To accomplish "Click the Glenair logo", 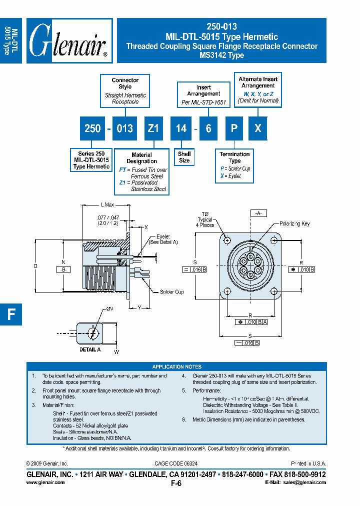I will [x=68, y=41].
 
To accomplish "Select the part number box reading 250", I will [x=92, y=128].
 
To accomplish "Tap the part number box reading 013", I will [x=124, y=128].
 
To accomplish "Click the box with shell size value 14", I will [x=181, y=128].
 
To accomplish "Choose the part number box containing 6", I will [x=208, y=128].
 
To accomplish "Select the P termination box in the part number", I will [x=233, y=128].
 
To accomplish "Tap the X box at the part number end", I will [x=257, y=128].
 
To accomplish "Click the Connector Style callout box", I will [x=125, y=90].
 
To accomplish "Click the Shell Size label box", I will [x=184, y=157].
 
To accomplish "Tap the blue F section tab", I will [x=11, y=314].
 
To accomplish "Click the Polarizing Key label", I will [x=294, y=223].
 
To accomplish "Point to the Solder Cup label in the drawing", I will [x=171, y=291].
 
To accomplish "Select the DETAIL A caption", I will [x=90, y=349].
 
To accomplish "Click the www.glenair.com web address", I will [x=45, y=482].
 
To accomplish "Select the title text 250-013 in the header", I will [x=221, y=27].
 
